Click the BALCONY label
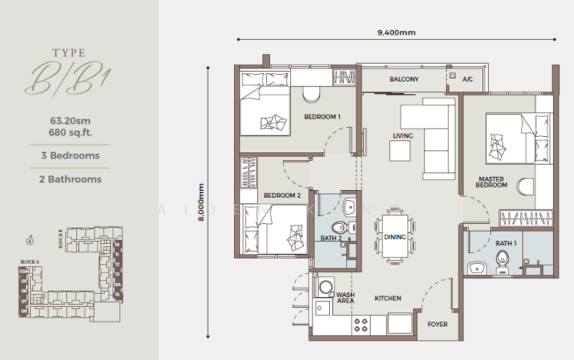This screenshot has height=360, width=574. [x=404, y=80]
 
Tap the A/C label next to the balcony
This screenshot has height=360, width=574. [x=468, y=80]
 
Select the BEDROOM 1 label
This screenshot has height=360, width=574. [x=322, y=116]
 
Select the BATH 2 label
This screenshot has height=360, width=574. [x=330, y=238]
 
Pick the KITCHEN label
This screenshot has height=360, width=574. [x=387, y=298]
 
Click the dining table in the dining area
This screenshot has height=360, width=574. [x=396, y=233]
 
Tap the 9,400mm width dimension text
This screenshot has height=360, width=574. [x=396, y=32]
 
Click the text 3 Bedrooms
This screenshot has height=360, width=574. [x=70, y=155]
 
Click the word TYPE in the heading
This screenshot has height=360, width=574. [x=70, y=52]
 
